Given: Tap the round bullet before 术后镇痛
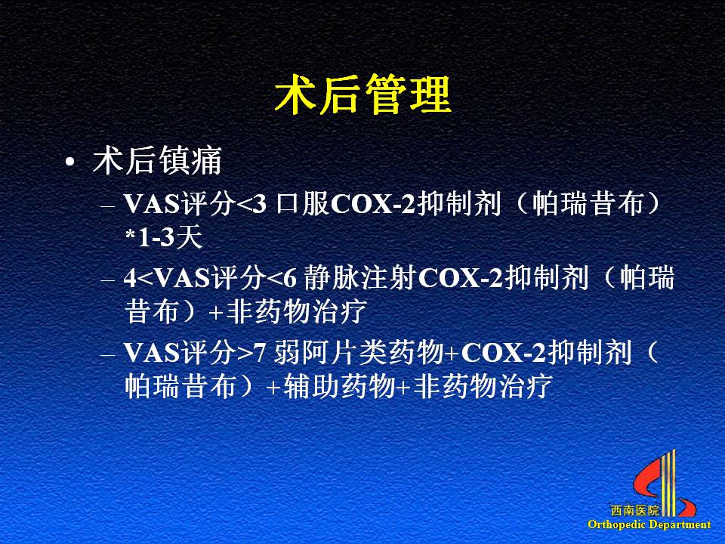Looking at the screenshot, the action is pyautogui.click(x=69, y=162).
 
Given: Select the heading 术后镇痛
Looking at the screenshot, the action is pyautogui.click(x=157, y=161).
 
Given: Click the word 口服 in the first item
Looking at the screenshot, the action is pyautogui.click(x=302, y=204).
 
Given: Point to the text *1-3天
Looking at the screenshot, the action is pyautogui.click(x=164, y=238).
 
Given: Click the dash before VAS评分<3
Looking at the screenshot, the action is pyautogui.click(x=107, y=206).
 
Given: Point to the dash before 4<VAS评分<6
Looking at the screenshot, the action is pyautogui.click(x=107, y=280).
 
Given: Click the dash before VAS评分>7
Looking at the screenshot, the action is pyautogui.click(x=107, y=355).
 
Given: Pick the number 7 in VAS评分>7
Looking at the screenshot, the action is pyautogui.click(x=260, y=354).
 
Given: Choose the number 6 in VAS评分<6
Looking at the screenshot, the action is pyautogui.click(x=289, y=279).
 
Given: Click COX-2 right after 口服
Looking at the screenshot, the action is pyautogui.click(x=374, y=205).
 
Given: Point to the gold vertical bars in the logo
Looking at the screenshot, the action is pyautogui.click(x=668, y=483).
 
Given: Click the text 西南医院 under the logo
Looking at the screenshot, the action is pyautogui.click(x=634, y=511).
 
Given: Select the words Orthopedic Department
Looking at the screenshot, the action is pyautogui.click(x=649, y=524).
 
